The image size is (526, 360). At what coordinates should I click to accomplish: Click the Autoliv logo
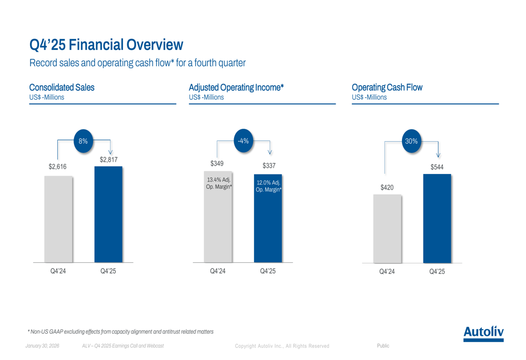[483, 333]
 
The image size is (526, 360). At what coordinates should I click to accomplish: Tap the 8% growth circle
[83, 140]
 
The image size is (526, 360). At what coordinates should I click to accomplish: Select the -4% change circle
[243, 140]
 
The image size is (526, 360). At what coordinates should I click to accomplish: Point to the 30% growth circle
[411, 141]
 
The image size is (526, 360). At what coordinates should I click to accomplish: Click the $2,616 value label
[58, 167]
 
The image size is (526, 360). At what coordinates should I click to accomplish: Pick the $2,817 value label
[108, 159]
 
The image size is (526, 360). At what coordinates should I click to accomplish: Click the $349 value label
[217, 164]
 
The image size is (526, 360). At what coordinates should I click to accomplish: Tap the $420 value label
[387, 187]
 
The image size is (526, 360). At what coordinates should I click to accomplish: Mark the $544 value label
[437, 167]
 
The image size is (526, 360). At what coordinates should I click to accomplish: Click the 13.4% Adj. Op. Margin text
[218, 184]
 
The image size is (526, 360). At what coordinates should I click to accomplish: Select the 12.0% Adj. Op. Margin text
[268, 186]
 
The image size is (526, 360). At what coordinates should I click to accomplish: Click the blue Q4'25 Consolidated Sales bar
[108, 215]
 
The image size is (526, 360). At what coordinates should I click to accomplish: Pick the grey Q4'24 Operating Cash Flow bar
[387, 229]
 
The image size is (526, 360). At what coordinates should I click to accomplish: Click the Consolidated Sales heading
[62, 87]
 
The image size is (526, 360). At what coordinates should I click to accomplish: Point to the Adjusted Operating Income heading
[236, 87]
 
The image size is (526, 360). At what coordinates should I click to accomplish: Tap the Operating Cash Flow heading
[387, 87]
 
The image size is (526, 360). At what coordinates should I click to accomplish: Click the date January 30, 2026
[43, 346]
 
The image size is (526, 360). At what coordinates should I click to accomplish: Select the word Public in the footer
[383, 346]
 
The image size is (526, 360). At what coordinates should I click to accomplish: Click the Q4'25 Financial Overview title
[106, 45]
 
